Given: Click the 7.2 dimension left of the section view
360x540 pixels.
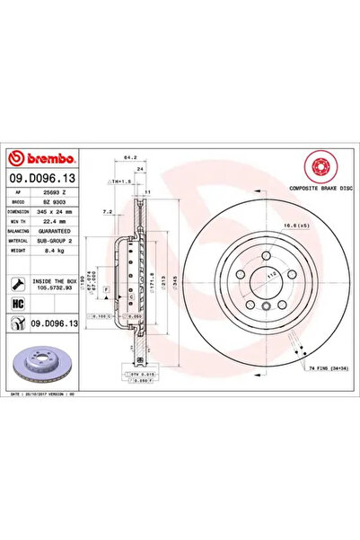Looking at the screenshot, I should pyautogui.click(x=107, y=212).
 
